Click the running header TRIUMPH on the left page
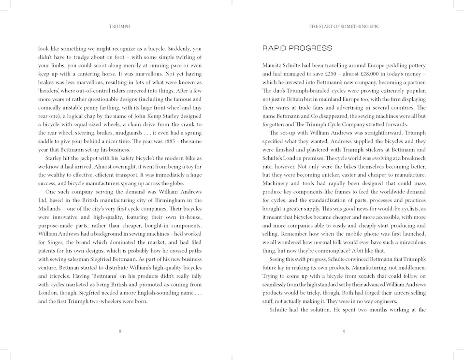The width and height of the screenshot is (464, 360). [119, 27]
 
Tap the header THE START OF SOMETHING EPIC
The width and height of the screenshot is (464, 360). [344, 27]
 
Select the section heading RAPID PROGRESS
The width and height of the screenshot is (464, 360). [297, 48]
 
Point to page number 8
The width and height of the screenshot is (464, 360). [120, 331]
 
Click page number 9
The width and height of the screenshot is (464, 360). [344, 331]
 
